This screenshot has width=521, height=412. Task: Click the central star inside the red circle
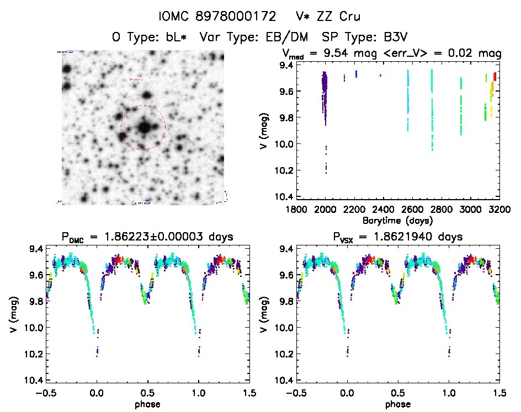pyautogui.click(x=143, y=127)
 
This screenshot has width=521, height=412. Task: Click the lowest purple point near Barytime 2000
pyautogui.click(x=326, y=173)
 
